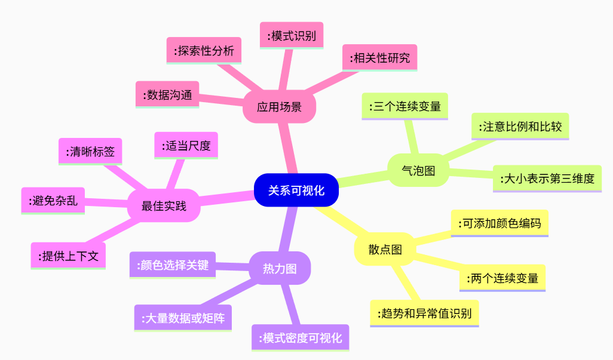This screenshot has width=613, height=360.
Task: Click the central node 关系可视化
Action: [296, 190]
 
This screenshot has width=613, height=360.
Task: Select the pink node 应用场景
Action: [279, 107]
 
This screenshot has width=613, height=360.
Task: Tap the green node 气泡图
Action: [418, 170]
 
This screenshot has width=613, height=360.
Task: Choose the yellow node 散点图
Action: [385, 249]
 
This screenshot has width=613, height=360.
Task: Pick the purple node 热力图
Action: [280, 268]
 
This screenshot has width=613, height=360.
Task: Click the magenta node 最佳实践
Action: [164, 205]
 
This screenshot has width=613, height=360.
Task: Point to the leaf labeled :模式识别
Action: [292, 36]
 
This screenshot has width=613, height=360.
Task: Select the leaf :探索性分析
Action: [204, 51]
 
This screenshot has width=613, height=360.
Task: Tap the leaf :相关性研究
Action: [379, 58]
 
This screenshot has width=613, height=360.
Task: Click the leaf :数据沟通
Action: [167, 95]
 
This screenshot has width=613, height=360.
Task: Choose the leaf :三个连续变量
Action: [404, 106]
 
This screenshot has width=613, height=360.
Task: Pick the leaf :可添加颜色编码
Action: [499, 223]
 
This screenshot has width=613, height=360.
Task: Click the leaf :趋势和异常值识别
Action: [425, 313]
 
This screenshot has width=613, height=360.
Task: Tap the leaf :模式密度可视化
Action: [301, 338]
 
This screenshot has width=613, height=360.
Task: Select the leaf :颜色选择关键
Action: [173, 265]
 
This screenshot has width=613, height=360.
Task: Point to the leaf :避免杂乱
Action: [53, 201]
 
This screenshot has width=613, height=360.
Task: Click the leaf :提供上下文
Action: [69, 256]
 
